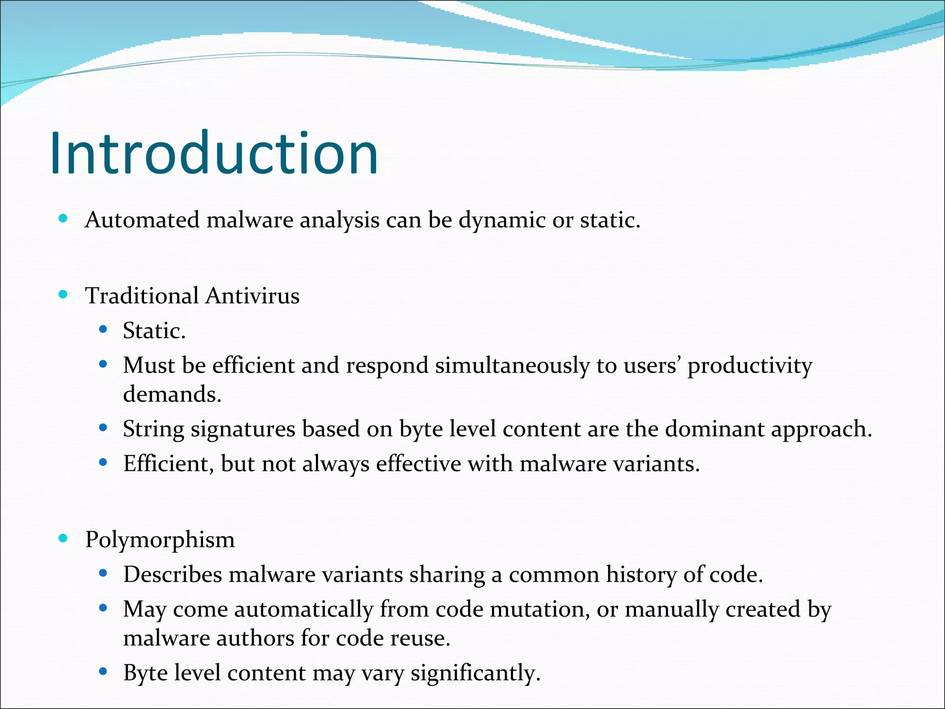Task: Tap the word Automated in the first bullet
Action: point(142,220)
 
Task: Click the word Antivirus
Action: point(252,295)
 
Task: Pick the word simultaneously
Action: point(512,366)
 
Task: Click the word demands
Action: point(172,395)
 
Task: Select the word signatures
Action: point(243,430)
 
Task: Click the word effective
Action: point(419,463)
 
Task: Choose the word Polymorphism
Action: point(160,540)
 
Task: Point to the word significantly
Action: point(475,673)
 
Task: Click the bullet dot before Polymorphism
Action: point(64,538)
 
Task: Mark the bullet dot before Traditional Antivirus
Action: point(64,294)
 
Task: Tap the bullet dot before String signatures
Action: point(103,428)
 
